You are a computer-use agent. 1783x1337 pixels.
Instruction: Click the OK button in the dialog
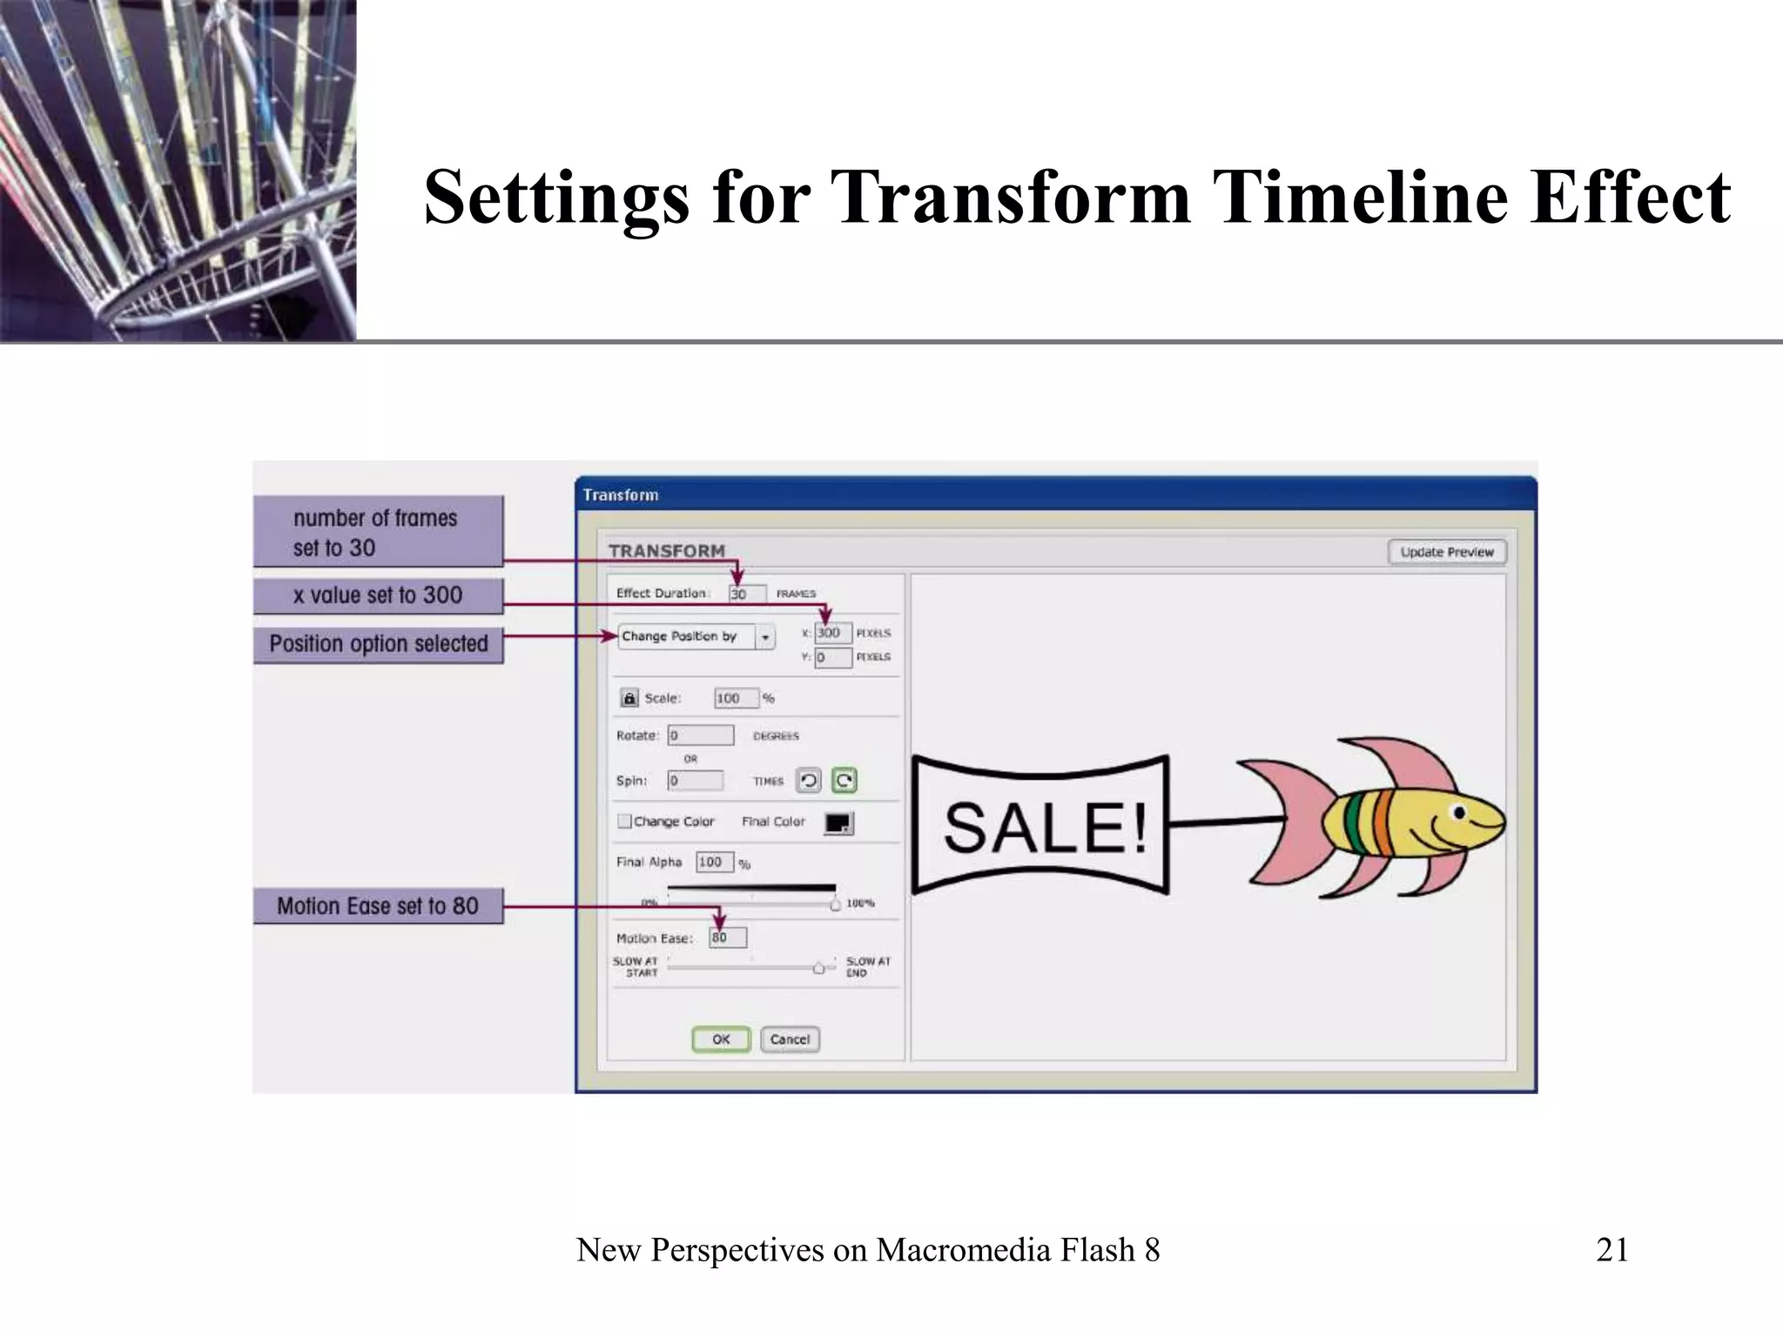pos(721,1039)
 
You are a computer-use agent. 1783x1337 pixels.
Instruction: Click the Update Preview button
pos(1446,552)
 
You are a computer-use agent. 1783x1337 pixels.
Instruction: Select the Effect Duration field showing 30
pos(747,594)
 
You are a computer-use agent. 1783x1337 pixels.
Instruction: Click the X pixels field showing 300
pos(832,633)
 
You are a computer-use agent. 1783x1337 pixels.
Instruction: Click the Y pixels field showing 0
pos(832,657)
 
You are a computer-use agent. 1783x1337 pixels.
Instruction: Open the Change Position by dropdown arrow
pos(765,637)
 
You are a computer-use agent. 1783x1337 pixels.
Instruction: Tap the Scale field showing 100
pos(736,698)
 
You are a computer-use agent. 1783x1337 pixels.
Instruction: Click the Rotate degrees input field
pos(700,736)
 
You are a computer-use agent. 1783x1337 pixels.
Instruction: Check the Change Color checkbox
pos(624,821)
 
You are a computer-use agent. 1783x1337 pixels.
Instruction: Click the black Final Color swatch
pos(838,823)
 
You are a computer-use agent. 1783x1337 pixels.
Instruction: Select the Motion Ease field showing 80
pos(727,937)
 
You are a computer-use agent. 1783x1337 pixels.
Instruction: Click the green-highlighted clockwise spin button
pos(844,780)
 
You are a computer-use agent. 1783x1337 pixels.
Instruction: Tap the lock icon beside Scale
pos(629,698)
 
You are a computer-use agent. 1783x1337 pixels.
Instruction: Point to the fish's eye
pos(1460,813)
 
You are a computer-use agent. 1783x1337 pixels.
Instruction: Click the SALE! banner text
pos(1044,827)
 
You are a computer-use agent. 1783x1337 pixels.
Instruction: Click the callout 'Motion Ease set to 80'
pos(378,906)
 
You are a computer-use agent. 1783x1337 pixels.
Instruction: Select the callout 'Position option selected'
pos(378,644)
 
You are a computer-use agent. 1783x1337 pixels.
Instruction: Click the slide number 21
pos(1611,1250)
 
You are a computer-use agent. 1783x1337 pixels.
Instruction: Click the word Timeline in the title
pos(1358,197)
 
